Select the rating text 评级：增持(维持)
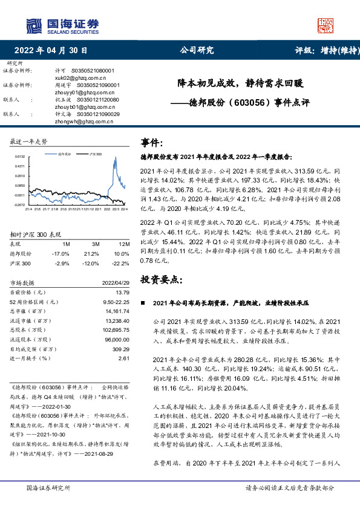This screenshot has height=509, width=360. pyautogui.click(x=323, y=50)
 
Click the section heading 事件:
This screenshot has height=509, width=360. pyautogui.click(x=152, y=143)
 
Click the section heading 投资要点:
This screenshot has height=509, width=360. pyautogui.click(x=161, y=279)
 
